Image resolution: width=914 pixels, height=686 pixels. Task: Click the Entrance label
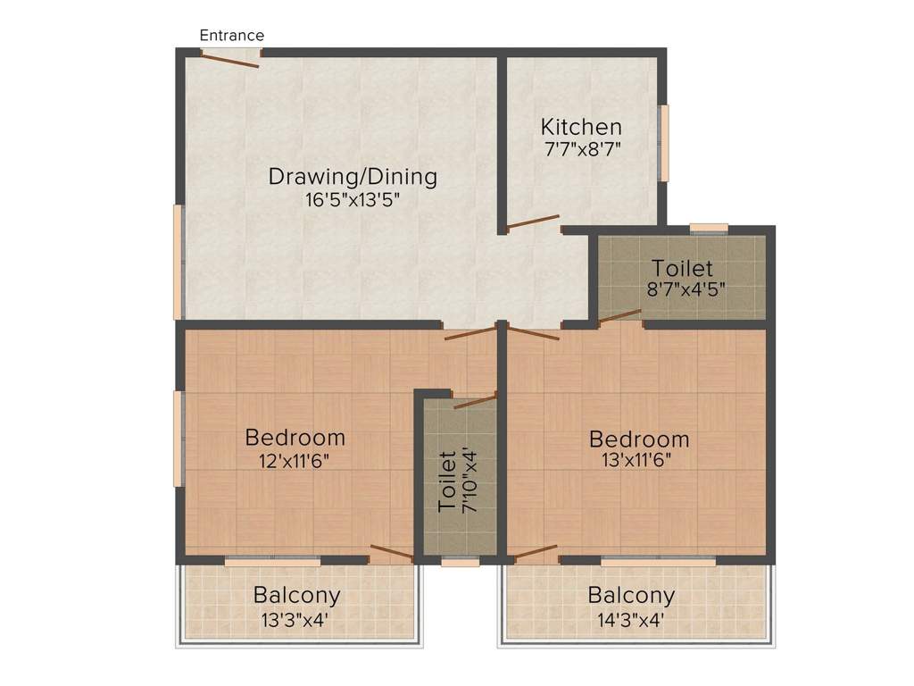point(231,36)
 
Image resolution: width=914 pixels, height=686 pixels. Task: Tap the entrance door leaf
point(230,59)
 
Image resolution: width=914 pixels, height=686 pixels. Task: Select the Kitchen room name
point(581,127)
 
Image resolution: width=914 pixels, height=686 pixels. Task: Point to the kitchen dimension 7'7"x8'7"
point(581,149)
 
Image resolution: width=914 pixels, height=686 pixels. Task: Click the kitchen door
point(533,222)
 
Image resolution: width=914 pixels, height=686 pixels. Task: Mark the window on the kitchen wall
point(663,144)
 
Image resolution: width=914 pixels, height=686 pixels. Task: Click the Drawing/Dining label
point(353,177)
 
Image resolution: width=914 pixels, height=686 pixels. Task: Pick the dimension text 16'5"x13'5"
point(353,199)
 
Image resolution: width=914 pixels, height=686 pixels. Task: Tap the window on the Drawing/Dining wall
point(179,262)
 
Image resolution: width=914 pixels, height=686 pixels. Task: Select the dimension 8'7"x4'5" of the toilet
point(682,290)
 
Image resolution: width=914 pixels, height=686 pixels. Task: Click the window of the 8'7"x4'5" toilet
point(709,228)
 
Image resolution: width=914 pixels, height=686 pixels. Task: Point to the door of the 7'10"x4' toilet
point(475,401)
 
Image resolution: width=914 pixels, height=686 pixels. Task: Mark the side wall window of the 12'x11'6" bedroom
point(179,439)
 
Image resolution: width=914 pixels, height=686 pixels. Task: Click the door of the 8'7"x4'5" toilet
point(619,314)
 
